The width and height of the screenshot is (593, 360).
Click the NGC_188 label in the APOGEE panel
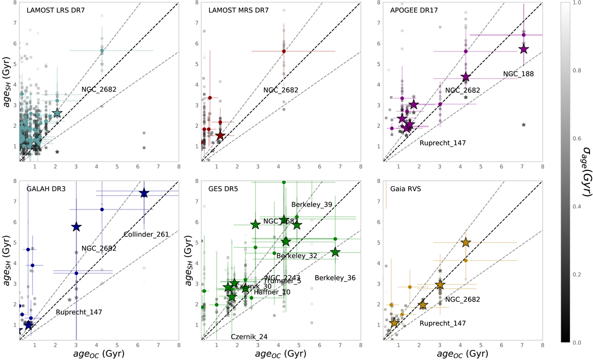coord(519,74)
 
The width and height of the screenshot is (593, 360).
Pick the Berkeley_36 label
coord(335,278)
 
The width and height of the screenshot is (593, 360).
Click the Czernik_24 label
coord(250,337)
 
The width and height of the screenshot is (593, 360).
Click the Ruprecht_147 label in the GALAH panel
coord(74,312)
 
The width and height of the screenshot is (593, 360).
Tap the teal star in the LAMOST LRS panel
coord(57,113)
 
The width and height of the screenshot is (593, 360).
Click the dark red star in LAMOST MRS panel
coord(220,135)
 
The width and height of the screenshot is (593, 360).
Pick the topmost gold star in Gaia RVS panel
coord(466,242)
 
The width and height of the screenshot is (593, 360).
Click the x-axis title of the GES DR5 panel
coord(281,354)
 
